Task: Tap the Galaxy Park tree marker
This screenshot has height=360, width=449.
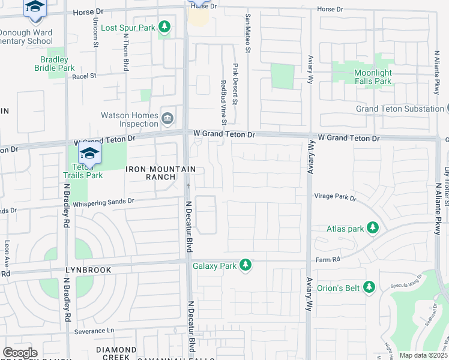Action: pos(244,265)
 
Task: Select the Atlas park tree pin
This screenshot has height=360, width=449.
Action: pos(373,228)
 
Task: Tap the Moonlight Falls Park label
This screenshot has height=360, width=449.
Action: pos(373,77)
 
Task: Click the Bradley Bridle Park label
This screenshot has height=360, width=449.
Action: pos(58,64)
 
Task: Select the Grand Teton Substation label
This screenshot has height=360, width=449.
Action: pos(399,109)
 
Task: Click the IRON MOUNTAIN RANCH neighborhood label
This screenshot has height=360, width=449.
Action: pos(151,173)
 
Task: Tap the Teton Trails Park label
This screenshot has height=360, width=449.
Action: pos(83,170)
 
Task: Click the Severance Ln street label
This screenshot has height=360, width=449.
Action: pos(94,331)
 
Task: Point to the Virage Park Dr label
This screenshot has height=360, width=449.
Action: pos(335,196)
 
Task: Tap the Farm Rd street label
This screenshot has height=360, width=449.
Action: pos(328,259)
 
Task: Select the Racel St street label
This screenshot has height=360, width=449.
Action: pos(84,76)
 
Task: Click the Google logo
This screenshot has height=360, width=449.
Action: pos(20,353)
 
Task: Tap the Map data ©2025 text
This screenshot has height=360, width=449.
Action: pos(423,355)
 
